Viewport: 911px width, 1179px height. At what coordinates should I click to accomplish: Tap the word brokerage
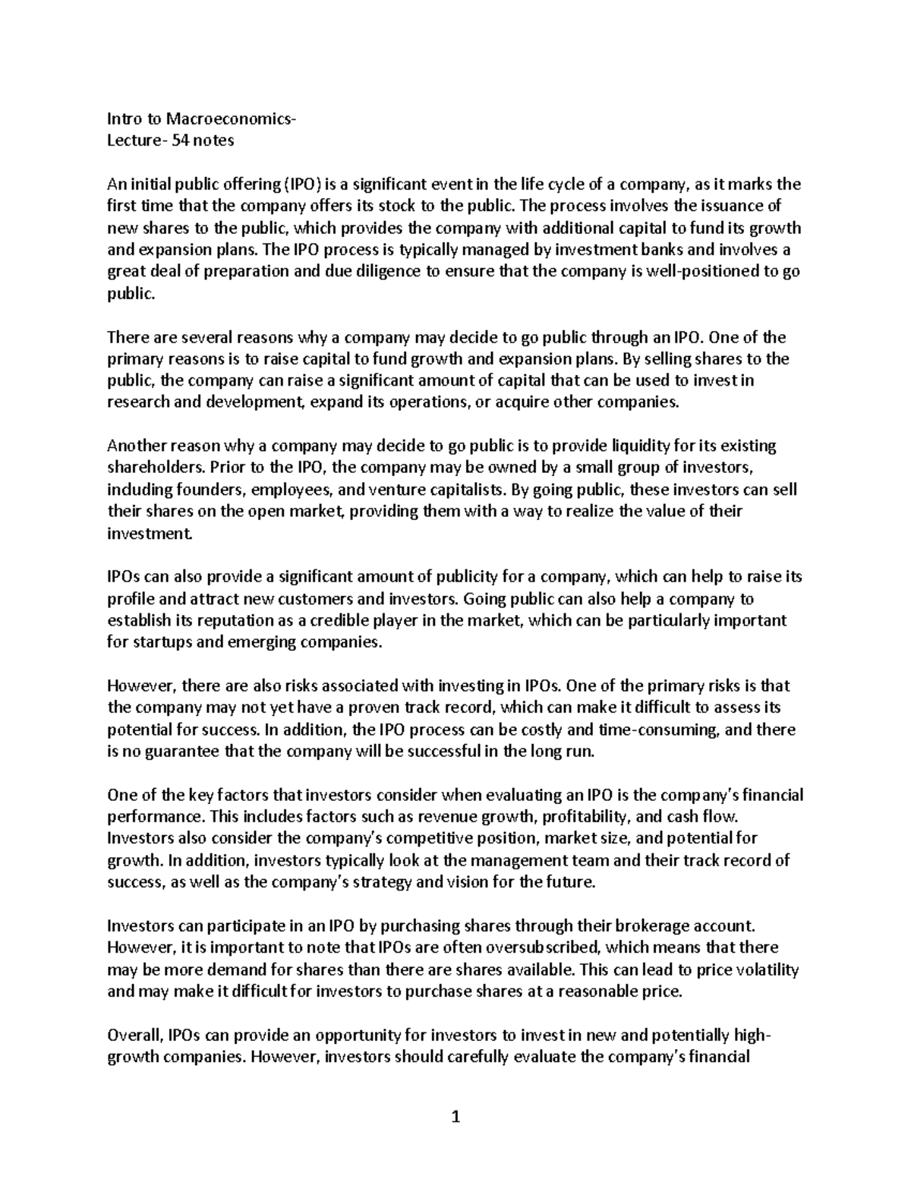(x=638, y=926)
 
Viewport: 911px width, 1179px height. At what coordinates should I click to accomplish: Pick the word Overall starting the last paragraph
(x=135, y=1036)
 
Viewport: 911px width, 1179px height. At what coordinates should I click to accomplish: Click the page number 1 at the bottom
(x=455, y=1117)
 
